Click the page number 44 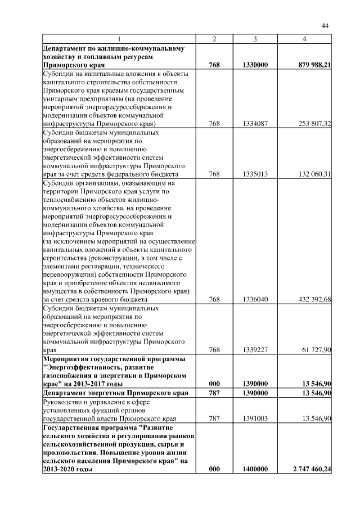[325, 25]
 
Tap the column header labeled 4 [304, 39]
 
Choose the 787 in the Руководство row [214, 418]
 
